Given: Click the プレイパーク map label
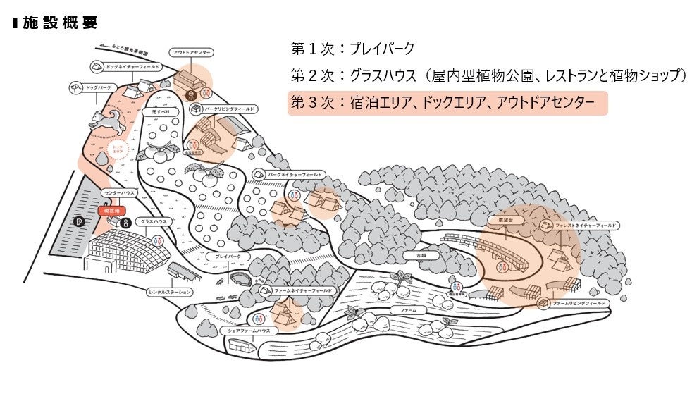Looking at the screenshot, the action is [228, 256].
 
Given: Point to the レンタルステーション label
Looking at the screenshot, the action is [171, 291].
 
